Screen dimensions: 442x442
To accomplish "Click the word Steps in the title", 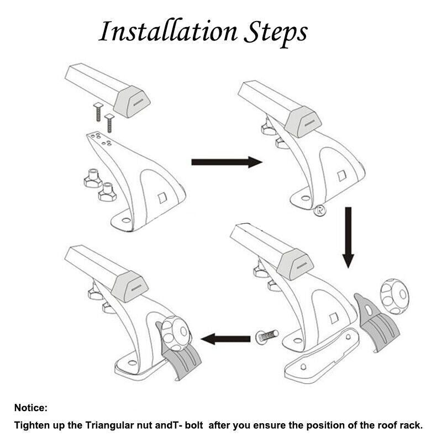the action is (275, 33).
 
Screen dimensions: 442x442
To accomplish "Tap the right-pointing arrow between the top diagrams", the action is (227, 162).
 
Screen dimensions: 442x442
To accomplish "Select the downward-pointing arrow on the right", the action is (349, 238).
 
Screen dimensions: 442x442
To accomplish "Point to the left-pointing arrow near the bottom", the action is (225, 339).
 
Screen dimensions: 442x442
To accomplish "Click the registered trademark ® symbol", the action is (320, 210).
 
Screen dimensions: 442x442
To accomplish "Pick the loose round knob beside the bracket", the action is (394, 296).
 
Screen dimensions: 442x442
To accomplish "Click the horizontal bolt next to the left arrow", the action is (267, 336).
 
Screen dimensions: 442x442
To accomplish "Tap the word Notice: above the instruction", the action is (31, 408).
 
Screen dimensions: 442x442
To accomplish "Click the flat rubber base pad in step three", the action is (323, 356).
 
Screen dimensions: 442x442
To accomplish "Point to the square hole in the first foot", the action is (162, 198).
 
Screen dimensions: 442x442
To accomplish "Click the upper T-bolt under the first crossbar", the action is (98, 112).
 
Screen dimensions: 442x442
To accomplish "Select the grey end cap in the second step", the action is (303, 122).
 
